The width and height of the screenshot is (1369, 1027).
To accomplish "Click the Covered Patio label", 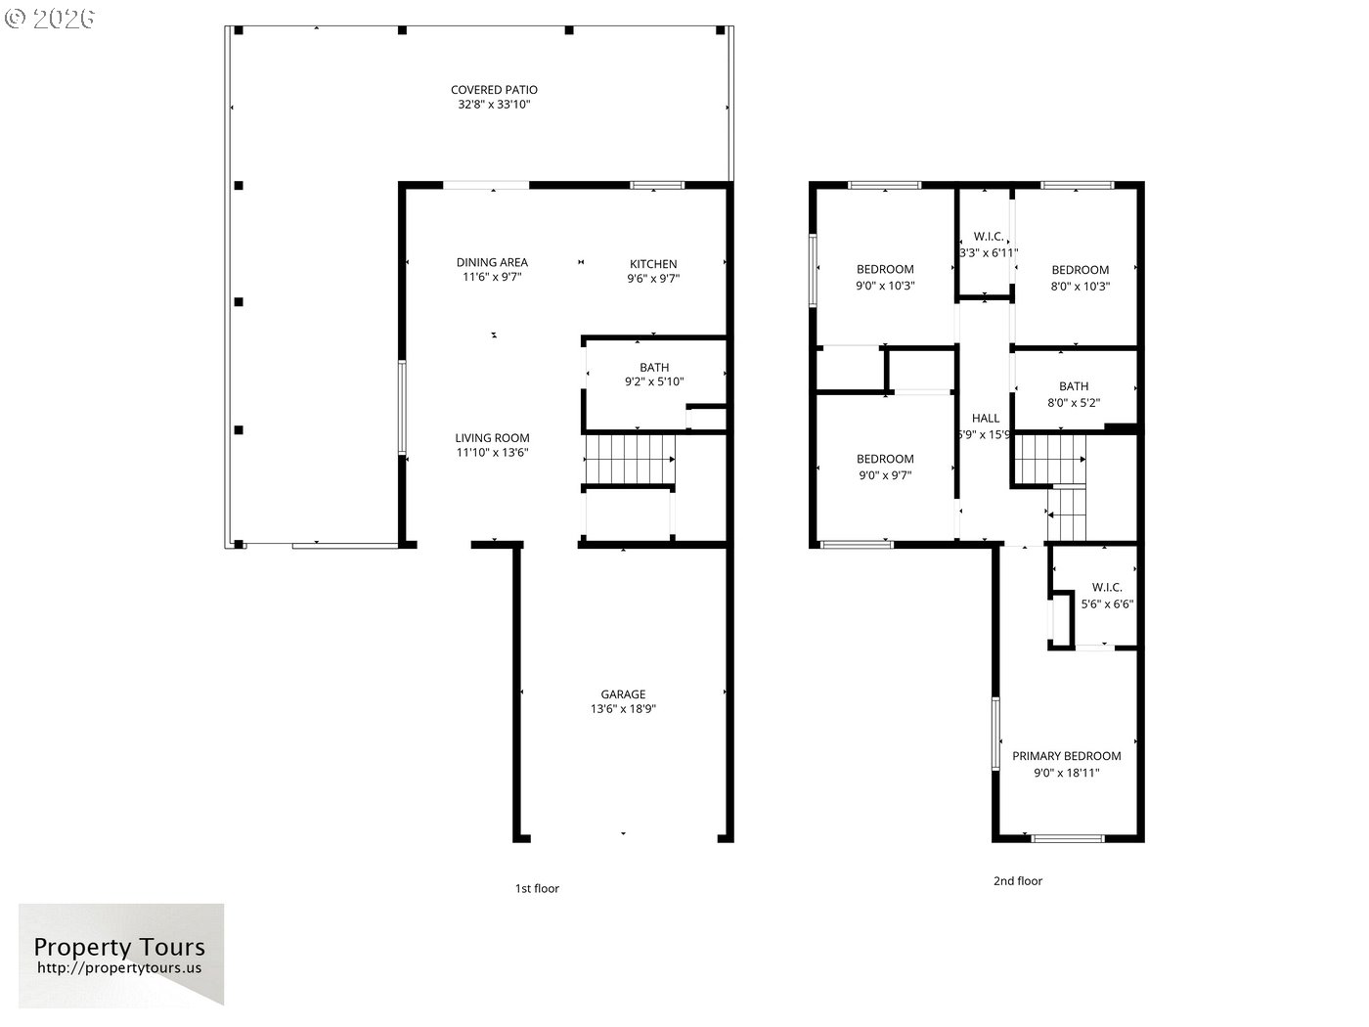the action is pos(494,90).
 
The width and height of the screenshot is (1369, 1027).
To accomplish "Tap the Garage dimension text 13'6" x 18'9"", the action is pos(623,708).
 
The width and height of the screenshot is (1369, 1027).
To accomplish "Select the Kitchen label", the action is pos(653,264).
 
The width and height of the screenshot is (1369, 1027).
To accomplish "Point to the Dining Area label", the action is pos(492,262).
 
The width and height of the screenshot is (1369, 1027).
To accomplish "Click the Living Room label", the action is pos(492,438).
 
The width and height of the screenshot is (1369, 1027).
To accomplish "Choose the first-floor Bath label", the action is pos(654,368).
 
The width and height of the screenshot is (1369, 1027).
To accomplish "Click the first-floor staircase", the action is pos(630,460).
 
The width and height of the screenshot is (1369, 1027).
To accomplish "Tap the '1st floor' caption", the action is pos(537,888).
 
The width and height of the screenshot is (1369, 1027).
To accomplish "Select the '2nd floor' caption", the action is pos(1018,881).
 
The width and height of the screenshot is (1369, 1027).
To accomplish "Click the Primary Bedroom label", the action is pos(1067,756).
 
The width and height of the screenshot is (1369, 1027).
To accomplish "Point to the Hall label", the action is pos(986,419).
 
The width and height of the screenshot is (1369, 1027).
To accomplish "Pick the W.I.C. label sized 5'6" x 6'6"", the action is pos(1107,588).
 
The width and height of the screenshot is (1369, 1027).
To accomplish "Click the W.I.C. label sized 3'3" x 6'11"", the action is pos(989,237).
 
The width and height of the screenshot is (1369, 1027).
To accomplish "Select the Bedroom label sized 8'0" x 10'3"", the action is pos(1081,270).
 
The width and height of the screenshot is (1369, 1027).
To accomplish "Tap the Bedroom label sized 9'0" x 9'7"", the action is pos(885,459).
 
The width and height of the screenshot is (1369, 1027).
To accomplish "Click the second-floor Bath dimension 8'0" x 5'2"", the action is pos(1073,403).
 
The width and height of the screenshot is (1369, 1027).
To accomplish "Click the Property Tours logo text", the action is pos(119,948).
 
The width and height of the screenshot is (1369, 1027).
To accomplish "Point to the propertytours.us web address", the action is pos(119,968).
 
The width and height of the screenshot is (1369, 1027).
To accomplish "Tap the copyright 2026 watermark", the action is pos(49,19).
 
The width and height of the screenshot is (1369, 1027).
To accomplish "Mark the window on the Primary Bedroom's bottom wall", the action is pos(1069,838).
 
